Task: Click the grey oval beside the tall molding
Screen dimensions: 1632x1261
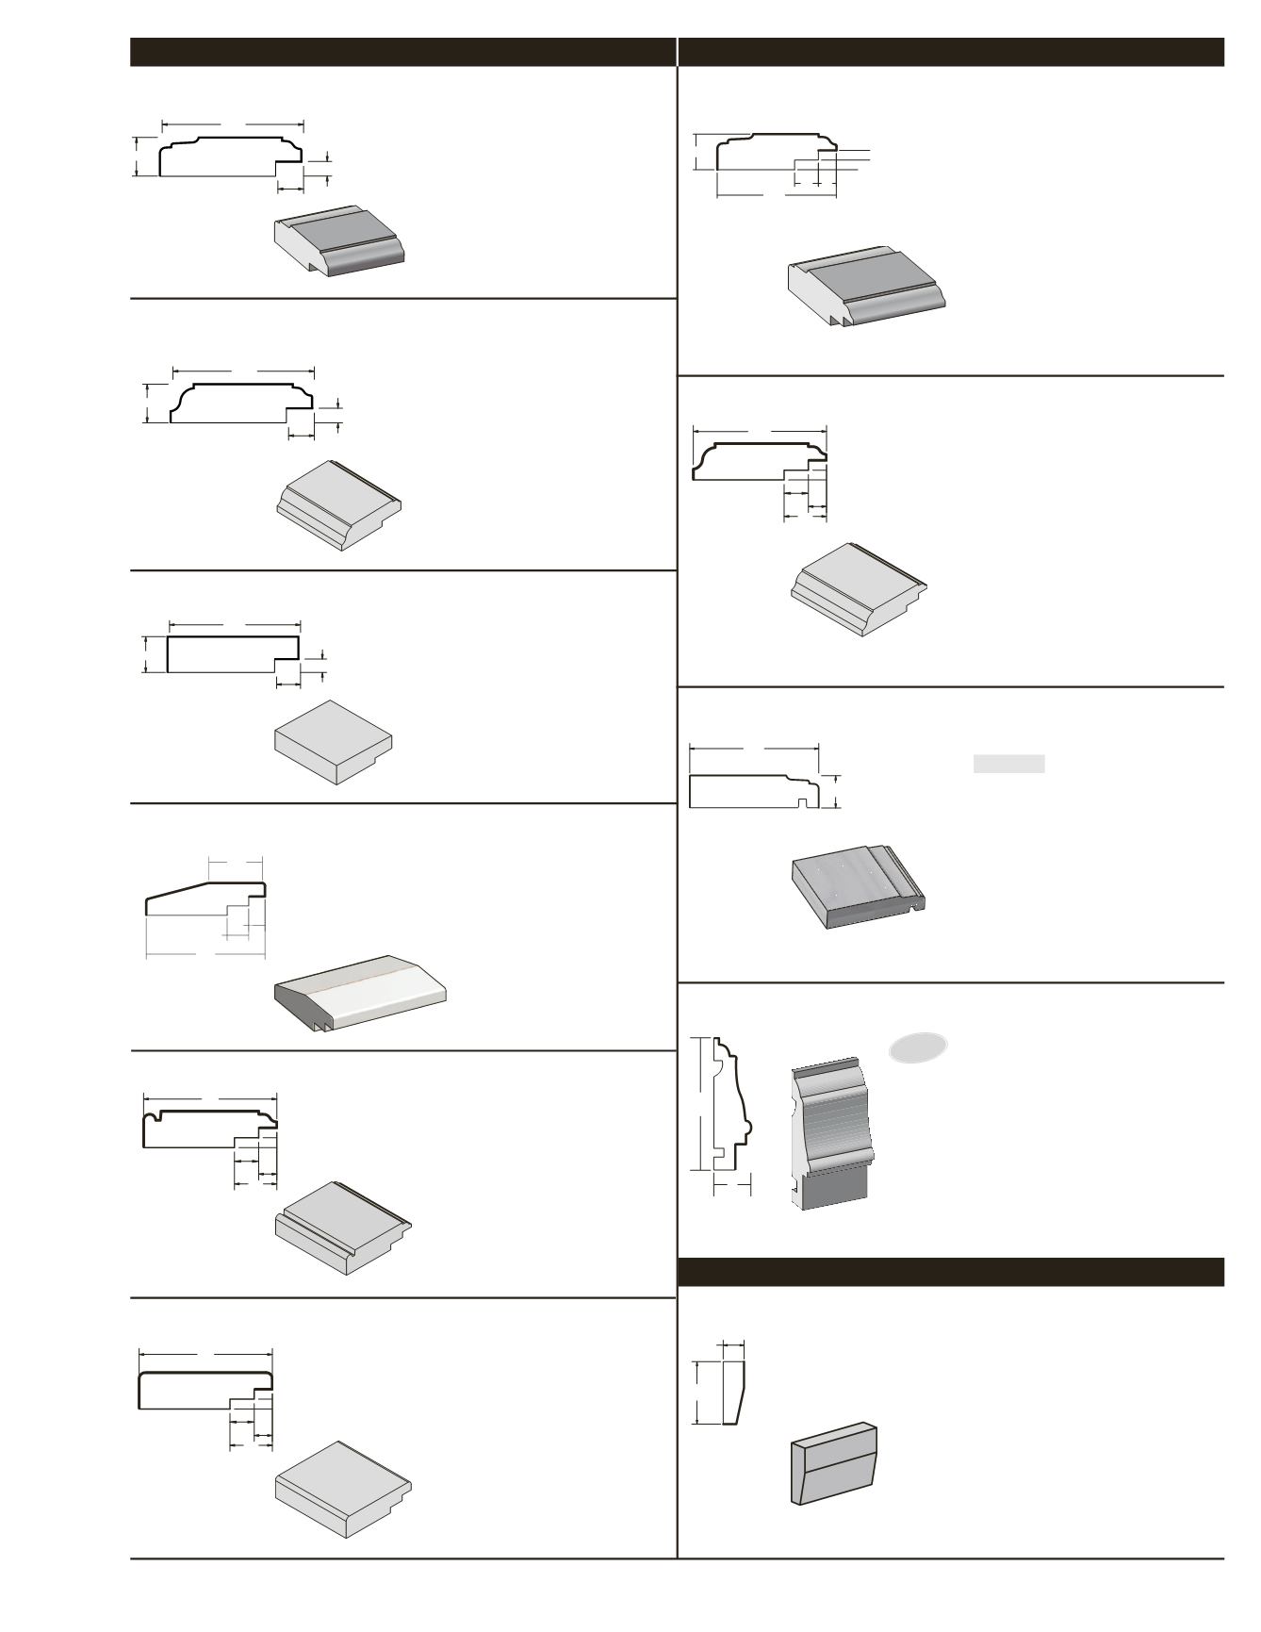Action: point(917,1047)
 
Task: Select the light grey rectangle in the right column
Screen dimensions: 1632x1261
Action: point(1008,764)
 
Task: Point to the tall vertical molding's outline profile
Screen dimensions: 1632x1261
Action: point(730,1103)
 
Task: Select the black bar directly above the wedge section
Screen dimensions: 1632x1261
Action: point(950,1272)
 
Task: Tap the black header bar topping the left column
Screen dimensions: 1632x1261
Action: point(402,52)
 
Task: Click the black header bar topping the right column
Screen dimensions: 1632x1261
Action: point(950,52)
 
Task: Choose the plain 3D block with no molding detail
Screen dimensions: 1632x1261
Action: point(333,741)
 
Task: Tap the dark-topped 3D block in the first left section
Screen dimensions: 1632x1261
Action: point(339,241)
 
